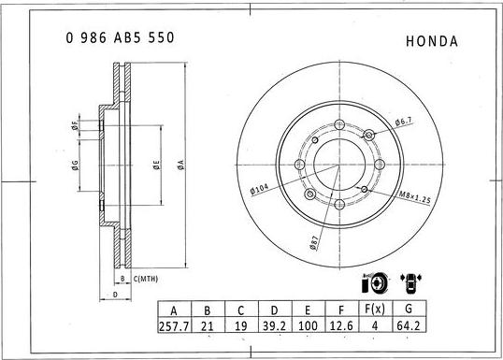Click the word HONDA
[x=432, y=41]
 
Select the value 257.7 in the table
[x=172, y=326]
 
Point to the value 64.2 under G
[x=408, y=326]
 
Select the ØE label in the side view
[x=156, y=166]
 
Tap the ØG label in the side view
[x=74, y=166]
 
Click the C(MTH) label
[x=145, y=280]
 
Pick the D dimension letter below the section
[x=114, y=295]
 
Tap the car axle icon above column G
[x=409, y=283]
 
